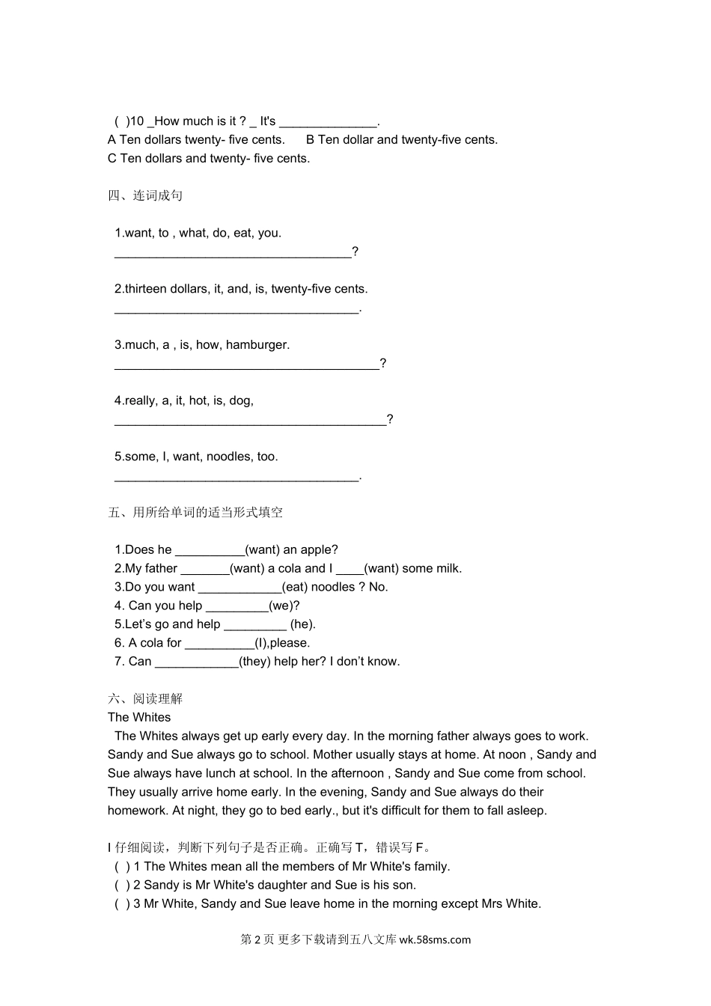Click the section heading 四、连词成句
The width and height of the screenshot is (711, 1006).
click(x=145, y=195)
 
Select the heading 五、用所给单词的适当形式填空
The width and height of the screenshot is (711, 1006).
click(x=195, y=513)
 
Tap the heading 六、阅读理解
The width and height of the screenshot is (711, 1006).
click(x=145, y=699)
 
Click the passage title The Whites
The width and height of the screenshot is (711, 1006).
click(x=139, y=718)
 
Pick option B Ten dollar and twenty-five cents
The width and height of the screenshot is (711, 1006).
click(x=402, y=140)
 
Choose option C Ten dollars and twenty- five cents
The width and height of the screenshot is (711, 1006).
click(x=209, y=159)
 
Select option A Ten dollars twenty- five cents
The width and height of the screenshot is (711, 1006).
click(x=196, y=140)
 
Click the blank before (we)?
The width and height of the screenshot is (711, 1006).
click(x=237, y=606)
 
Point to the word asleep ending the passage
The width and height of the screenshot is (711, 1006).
click(x=525, y=811)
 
